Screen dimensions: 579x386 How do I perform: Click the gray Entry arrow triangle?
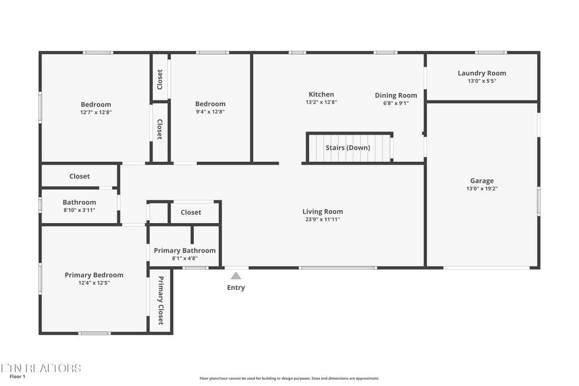pyautogui.click(x=236, y=276)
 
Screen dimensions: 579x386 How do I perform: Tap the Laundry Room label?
pyautogui.click(x=482, y=73)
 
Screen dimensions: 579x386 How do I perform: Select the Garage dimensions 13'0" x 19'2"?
pyautogui.click(x=482, y=189)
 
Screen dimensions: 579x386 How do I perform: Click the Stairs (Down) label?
pyautogui.click(x=348, y=148)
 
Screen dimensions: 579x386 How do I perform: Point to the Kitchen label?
pyautogui.click(x=321, y=94)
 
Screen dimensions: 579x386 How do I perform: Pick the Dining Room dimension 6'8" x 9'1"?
pyautogui.click(x=396, y=103)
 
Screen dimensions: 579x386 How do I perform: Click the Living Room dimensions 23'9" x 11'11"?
pyautogui.click(x=323, y=219)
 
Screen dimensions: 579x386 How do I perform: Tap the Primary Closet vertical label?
pyautogui.click(x=161, y=301)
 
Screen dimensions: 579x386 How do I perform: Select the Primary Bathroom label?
pyautogui.click(x=185, y=250)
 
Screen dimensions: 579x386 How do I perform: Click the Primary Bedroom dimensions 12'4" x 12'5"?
pyautogui.click(x=94, y=283)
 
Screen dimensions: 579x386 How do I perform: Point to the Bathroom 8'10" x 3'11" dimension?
pyautogui.click(x=79, y=210)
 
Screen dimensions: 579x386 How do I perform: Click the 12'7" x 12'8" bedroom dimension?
pyautogui.click(x=96, y=112)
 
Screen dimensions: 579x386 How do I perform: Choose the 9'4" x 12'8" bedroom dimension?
pyautogui.click(x=210, y=112)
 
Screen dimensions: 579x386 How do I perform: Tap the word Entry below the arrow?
pyautogui.click(x=236, y=288)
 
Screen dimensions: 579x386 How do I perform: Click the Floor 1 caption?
pyautogui.click(x=18, y=377)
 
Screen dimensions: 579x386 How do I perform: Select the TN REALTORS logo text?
pyautogui.click(x=41, y=368)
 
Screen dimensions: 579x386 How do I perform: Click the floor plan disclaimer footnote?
pyautogui.click(x=289, y=378)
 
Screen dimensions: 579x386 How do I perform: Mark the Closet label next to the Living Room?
pyautogui.click(x=191, y=212)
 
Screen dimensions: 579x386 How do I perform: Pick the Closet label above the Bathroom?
pyautogui.click(x=79, y=176)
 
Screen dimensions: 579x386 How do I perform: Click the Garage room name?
pyautogui.click(x=482, y=181)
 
